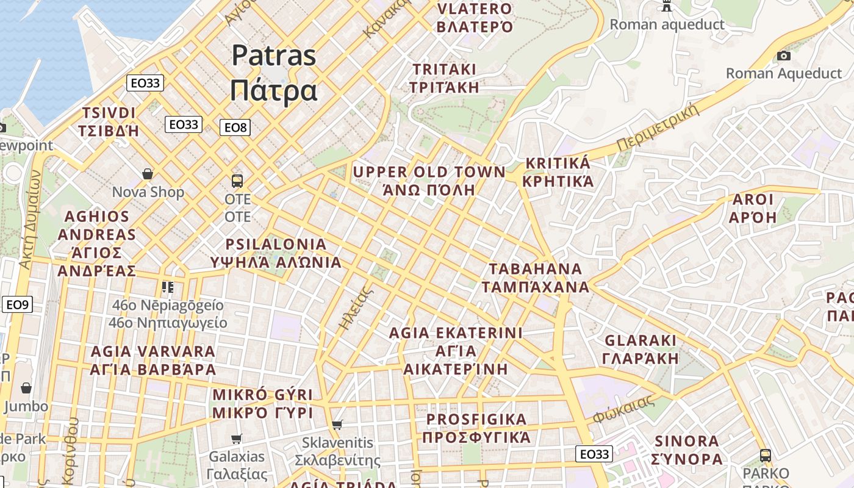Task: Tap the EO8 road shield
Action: coord(235,127)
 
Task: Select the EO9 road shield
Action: coord(17,304)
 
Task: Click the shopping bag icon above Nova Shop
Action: coord(148,174)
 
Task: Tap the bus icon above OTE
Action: coord(237,181)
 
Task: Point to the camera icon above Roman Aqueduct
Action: coord(784,56)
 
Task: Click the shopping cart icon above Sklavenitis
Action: coord(337,425)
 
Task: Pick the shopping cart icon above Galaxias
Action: coord(237,439)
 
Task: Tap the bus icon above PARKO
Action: coord(766,455)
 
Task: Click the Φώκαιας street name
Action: coord(623,409)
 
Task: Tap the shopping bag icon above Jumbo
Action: coord(26,389)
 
